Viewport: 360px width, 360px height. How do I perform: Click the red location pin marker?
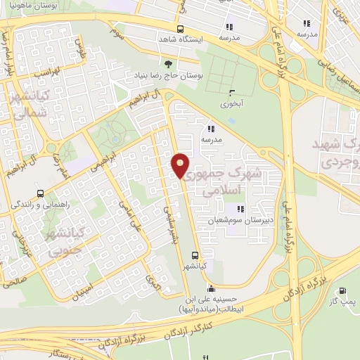point(180,166)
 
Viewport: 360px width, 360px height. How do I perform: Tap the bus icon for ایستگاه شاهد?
point(181,30)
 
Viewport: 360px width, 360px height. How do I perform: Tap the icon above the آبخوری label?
point(232,91)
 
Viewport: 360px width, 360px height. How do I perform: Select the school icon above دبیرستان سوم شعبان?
point(241,208)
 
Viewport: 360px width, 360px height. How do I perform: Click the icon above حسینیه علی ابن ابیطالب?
point(212,289)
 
